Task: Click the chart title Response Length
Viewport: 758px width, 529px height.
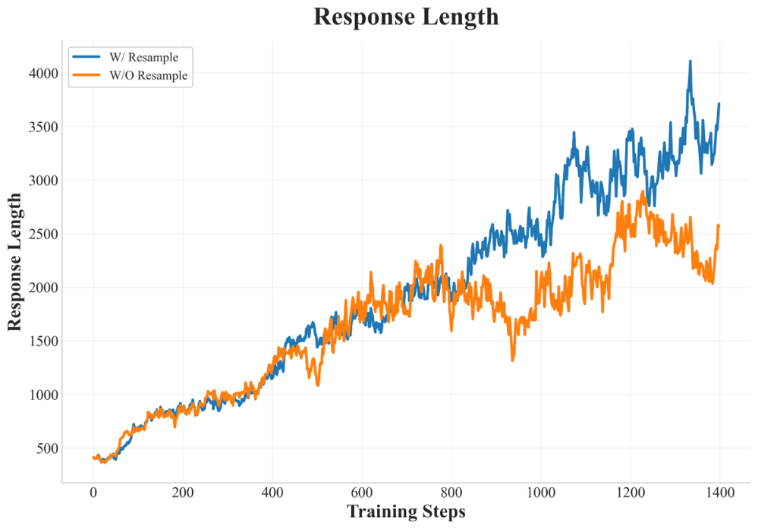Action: pyautogui.click(x=406, y=17)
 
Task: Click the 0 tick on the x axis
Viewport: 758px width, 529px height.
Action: pyautogui.click(x=93, y=493)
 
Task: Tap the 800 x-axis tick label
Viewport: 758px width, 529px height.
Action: pyautogui.click(x=451, y=493)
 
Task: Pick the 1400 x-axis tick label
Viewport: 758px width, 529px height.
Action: pyautogui.click(x=719, y=493)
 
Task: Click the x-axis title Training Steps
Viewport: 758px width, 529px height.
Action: pyautogui.click(x=406, y=511)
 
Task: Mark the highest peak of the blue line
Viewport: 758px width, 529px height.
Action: pyautogui.click(x=690, y=61)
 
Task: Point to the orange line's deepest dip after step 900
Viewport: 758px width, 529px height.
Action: pyautogui.click(x=512, y=360)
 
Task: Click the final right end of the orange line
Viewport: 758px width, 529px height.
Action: pyautogui.click(x=719, y=225)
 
